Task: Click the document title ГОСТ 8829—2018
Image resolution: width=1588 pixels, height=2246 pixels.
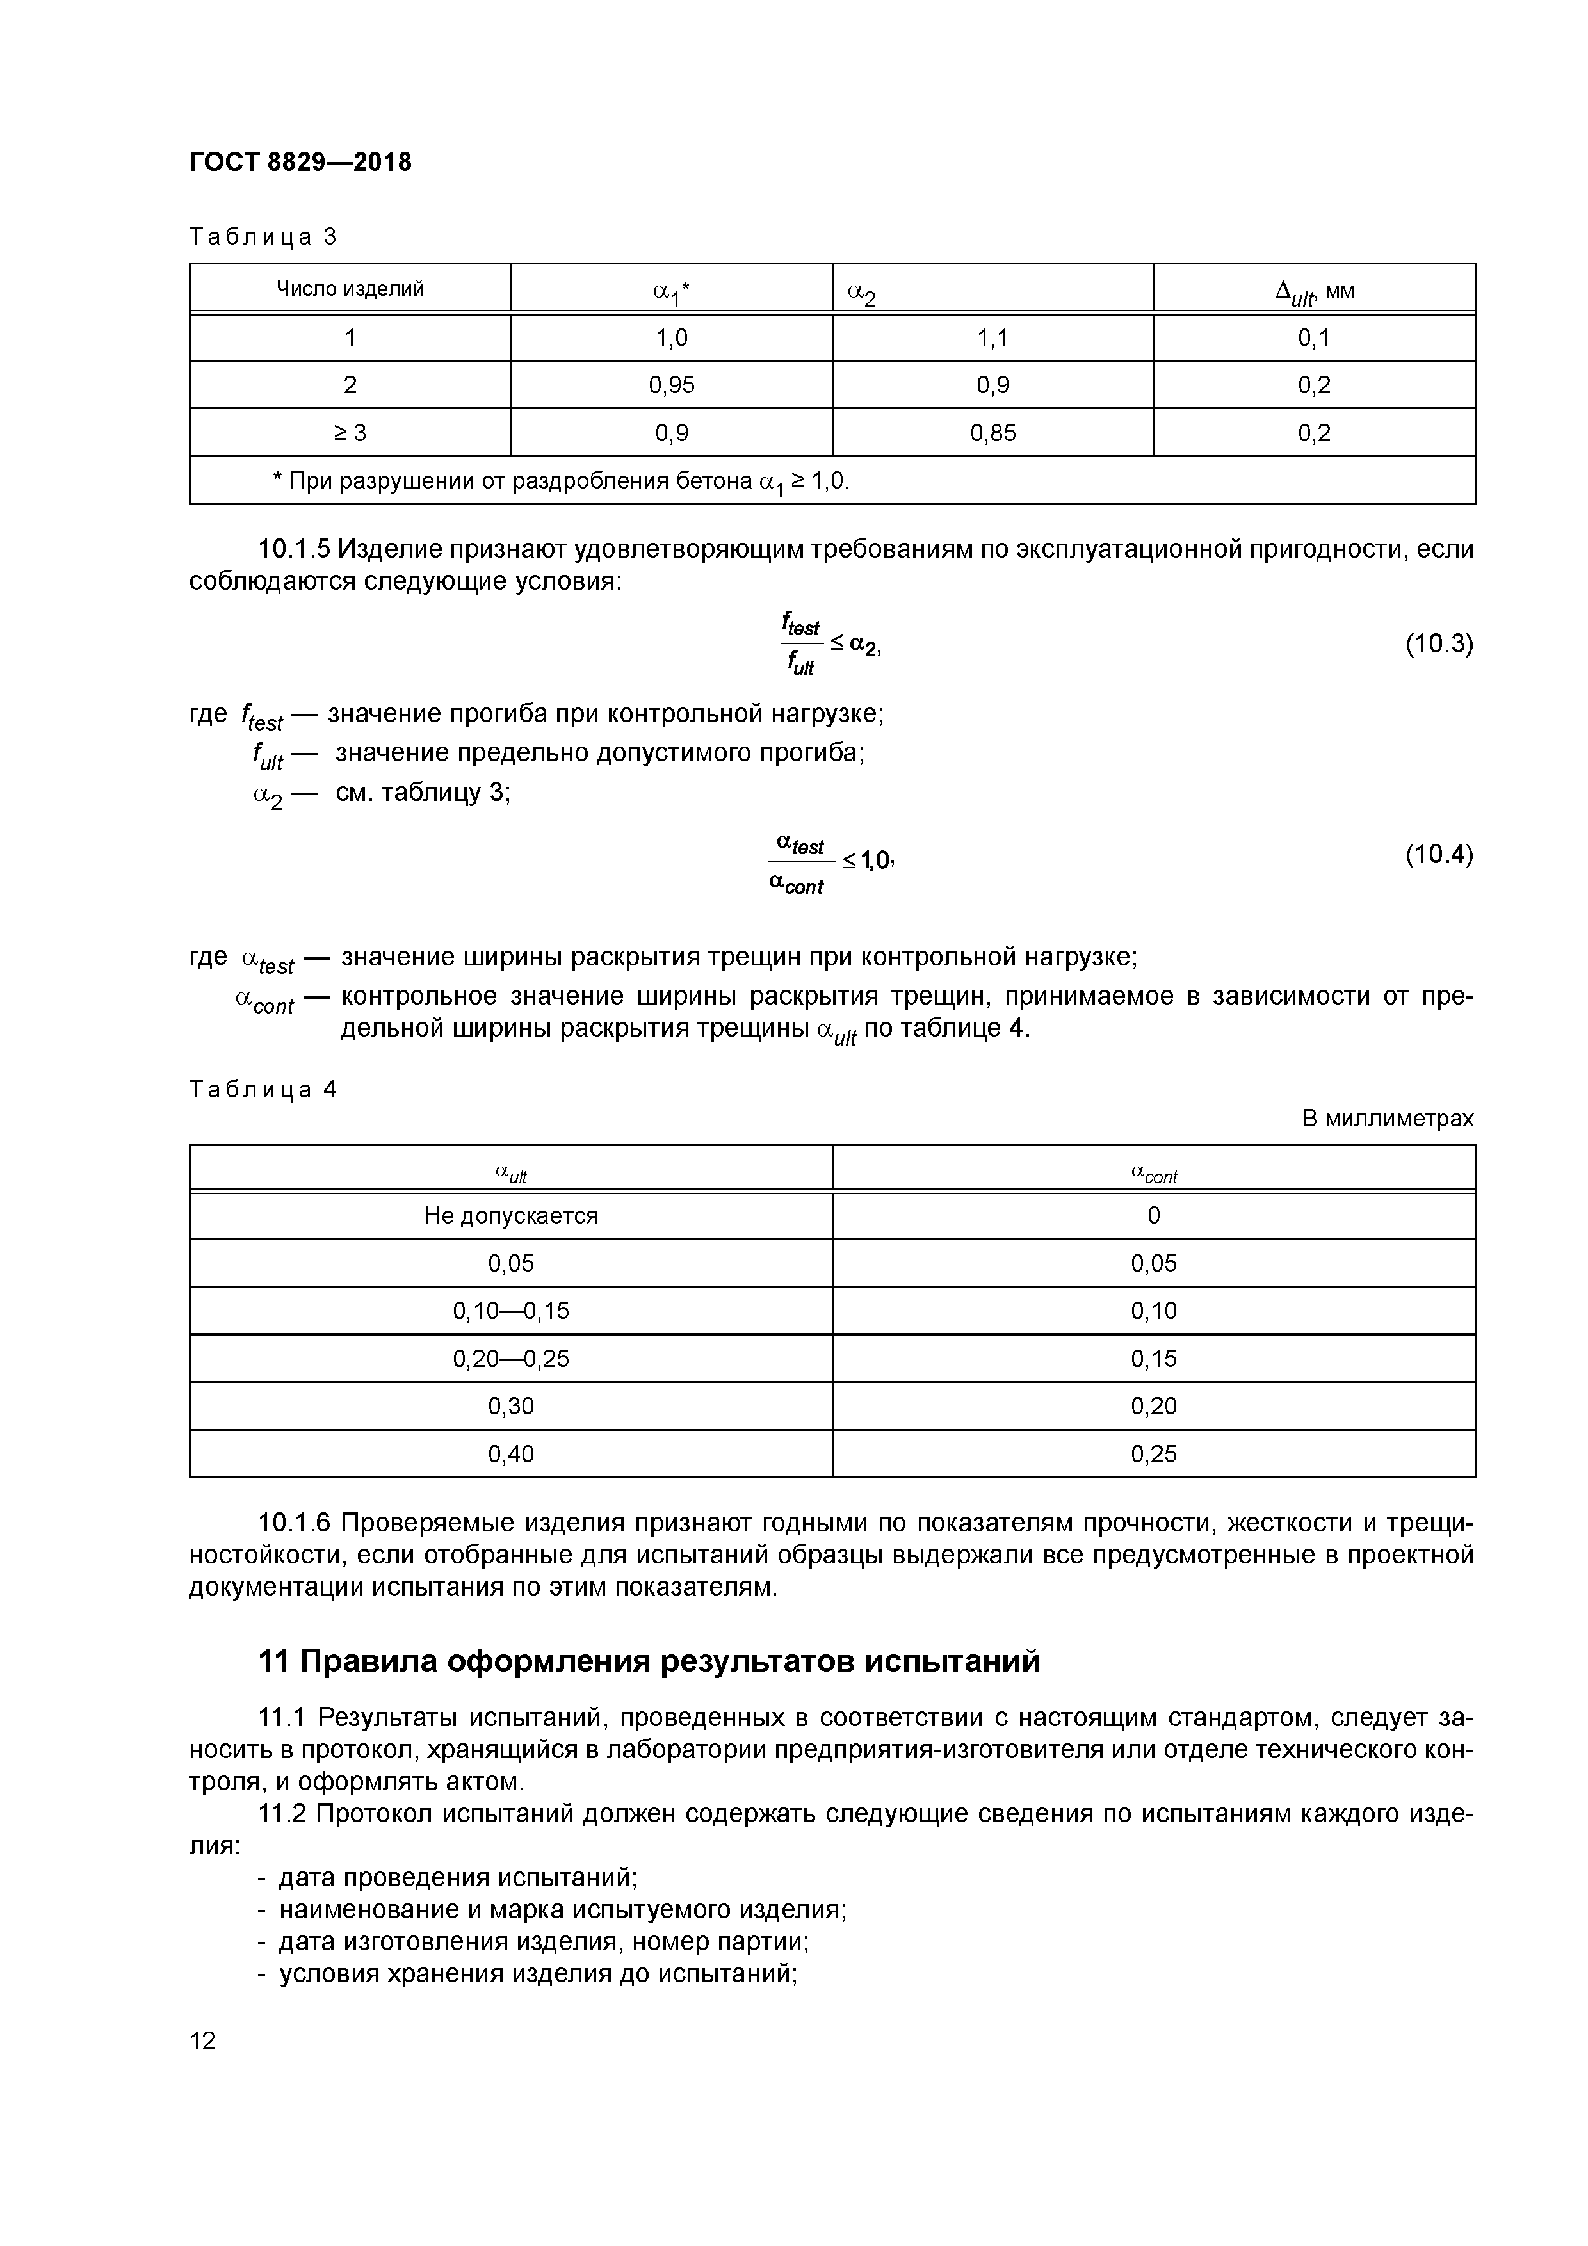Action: click(300, 163)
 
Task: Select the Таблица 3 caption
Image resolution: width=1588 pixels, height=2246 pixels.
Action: click(263, 237)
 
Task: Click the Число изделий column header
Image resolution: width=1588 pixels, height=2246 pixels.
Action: click(350, 289)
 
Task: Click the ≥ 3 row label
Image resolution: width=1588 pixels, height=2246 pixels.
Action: click(350, 432)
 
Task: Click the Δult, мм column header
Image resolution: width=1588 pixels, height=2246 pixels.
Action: click(1314, 291)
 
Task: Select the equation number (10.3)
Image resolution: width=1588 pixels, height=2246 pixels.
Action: click(1438, 645)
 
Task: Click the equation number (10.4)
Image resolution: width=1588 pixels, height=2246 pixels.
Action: click(1438, 855)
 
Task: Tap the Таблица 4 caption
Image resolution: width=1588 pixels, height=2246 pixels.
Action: click(263, 1090)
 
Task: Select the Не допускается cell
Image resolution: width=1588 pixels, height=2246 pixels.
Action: click(511, 1216)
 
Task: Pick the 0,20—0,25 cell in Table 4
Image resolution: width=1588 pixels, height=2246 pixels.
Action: click(511, 1359)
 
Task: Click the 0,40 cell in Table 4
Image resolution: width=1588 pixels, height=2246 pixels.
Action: click(511, 1455)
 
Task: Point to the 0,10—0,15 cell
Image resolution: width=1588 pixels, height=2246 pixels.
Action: click(511, 1311)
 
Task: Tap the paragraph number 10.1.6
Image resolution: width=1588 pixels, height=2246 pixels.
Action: click(295, 1524)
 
